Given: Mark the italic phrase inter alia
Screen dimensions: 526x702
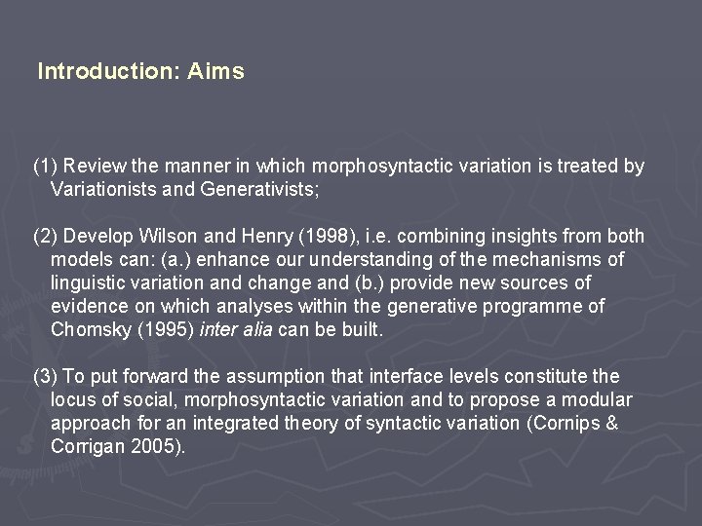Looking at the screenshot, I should point(235,330).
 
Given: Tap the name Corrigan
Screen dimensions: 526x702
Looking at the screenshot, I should point(84,447).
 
